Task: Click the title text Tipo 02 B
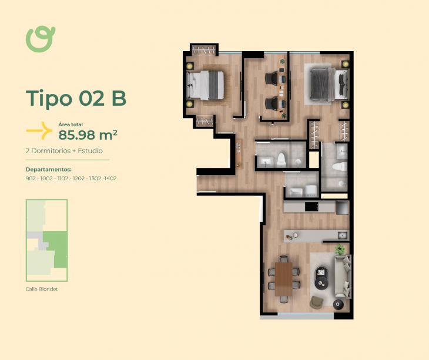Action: [x=76, y=98]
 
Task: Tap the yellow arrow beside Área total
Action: [x=40, y=130]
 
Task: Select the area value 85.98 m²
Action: [x=88, y=134]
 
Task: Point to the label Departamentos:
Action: [x=48, y=170]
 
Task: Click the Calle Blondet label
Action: [x=42, y=289]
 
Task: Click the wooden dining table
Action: [x=284, y=279]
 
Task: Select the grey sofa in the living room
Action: [x=343, y=277]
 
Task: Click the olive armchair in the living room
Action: [x=317, y=302]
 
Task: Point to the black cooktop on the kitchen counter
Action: [x=311, y=207]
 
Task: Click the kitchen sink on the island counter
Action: [x=343, y=235]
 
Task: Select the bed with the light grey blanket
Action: [x=205, y=85]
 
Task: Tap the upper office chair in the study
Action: [x=271, y=78]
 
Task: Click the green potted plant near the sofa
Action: [x=340, y=249]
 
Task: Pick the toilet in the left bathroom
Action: [x=281, y=160]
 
